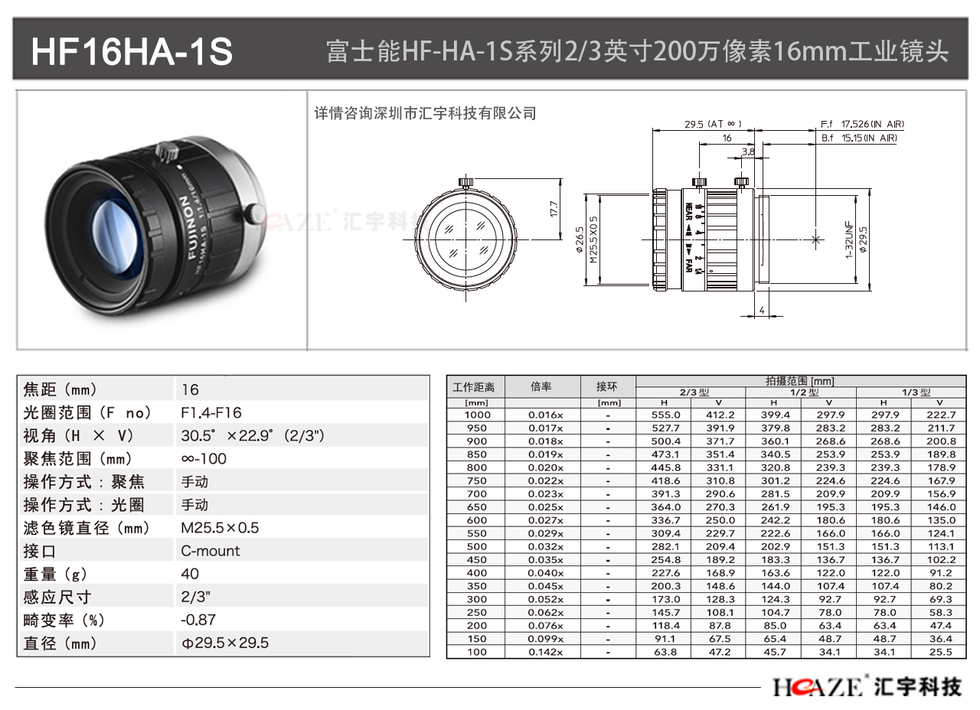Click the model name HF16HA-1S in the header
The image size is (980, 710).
click(132, 52)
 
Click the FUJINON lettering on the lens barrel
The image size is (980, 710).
click(188, 226)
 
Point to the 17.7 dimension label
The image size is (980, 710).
click(554, 209)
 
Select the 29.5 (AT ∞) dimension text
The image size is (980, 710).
click(713, 124)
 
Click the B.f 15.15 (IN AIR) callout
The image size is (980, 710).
click(859, 138)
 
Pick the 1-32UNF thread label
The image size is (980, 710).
click(849, 240)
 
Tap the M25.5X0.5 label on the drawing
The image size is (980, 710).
click(593, 239)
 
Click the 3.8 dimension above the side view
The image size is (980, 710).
click(748, 151)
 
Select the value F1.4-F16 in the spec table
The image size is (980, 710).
click(211, 412)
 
